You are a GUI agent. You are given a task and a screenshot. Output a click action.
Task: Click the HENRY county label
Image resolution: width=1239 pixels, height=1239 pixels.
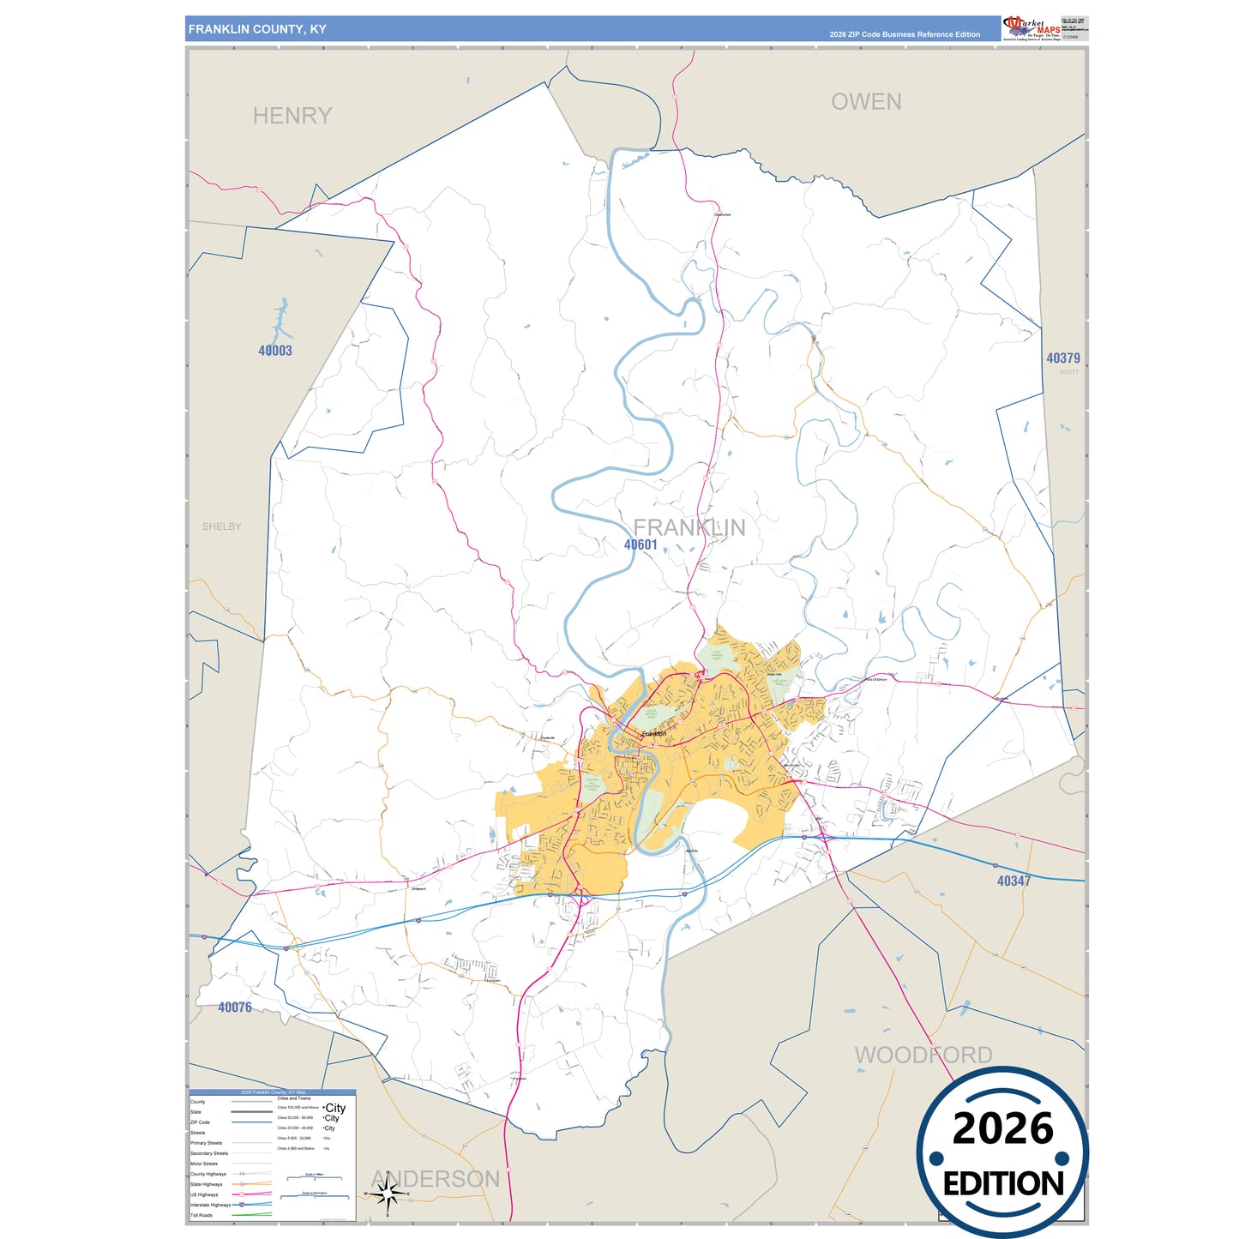click(292, 116)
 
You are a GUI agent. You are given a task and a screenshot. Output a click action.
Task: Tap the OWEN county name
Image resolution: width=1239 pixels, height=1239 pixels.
click(866, 102)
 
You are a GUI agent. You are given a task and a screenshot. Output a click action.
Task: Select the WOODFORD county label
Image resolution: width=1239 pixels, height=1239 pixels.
click(923, 1055)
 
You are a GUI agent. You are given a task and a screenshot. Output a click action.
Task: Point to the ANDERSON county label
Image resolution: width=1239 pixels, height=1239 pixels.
click(435, 1179)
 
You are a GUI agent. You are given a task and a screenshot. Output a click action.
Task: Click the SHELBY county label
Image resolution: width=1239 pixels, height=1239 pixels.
click(221, 526)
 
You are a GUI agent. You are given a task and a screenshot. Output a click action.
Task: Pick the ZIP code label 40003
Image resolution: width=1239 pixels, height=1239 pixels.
click(275, 350)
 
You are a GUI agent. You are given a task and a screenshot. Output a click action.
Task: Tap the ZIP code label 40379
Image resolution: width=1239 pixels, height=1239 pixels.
click(1062, 358)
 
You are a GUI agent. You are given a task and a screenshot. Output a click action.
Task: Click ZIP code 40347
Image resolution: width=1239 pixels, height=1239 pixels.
click(1013, 881)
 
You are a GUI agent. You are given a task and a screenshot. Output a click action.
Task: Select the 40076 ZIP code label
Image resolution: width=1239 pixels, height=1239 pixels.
click(235, 1007)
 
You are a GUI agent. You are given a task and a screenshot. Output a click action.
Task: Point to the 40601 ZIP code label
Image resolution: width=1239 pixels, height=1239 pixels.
click(641, 544)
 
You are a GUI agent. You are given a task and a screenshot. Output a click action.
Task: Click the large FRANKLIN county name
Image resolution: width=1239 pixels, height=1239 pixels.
click(689, 527)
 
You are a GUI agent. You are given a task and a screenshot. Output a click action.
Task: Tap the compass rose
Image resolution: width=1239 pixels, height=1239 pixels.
click(388, 1193)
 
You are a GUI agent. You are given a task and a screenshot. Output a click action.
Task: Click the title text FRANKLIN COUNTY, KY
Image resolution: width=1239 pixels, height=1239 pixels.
click(257, 29)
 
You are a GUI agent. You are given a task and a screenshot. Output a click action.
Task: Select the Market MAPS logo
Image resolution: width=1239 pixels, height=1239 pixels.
click(1031, 28)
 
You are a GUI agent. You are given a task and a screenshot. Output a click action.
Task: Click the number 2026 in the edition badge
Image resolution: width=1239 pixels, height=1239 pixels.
click(1002, 1128)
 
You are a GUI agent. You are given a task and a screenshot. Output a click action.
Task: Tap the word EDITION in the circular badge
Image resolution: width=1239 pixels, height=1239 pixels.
click(1002, 1184)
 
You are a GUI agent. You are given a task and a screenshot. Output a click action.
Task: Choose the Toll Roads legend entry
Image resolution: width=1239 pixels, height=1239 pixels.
click(202, 1215)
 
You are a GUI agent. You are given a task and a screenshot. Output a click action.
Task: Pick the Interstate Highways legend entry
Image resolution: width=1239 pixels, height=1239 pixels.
click(211, 1205)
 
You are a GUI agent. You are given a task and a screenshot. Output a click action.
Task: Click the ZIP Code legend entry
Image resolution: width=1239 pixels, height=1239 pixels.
click(200, 1122)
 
